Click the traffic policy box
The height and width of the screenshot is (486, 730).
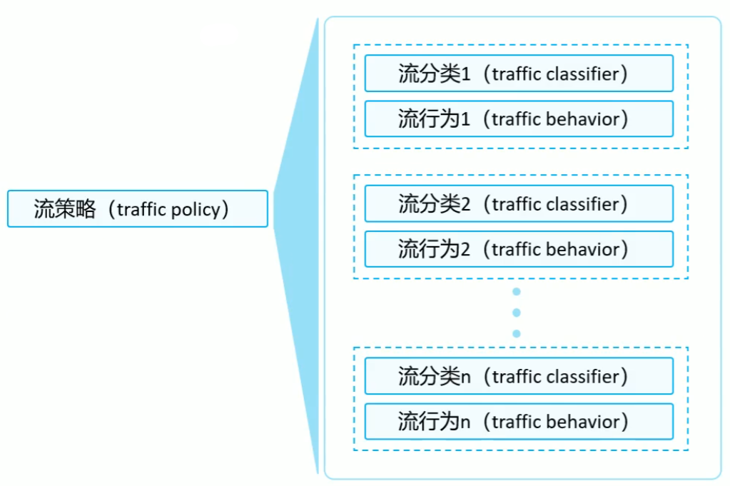pyautogui.click(x=138, y=208)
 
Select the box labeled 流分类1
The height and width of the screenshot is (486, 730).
pyautogui.click(x=519, y=74)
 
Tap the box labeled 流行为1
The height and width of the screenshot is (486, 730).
pyautogui.click(x=519, y=118)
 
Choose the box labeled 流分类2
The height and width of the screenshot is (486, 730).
pyautogui.click(x=519, y=204)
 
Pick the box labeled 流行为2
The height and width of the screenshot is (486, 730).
pyautogui.click(x=519, y=249)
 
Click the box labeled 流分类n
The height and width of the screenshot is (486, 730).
pyautogui.click(x=519, y=376)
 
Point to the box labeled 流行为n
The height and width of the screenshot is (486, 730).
pyautogui.click(x=519, y=421)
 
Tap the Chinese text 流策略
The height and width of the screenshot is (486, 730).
pyautogui.click(x=64, y=209)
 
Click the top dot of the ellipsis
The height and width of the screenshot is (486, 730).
pyautogui.click(x=517, y=292)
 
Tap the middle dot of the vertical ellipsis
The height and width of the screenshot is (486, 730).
pyautogui.click(x=517, y=313)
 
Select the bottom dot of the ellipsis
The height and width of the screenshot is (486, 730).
pyautogui.click(x=517, y=333)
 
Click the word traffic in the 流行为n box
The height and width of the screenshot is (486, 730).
pyautogui.click(x=517, y=421)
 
